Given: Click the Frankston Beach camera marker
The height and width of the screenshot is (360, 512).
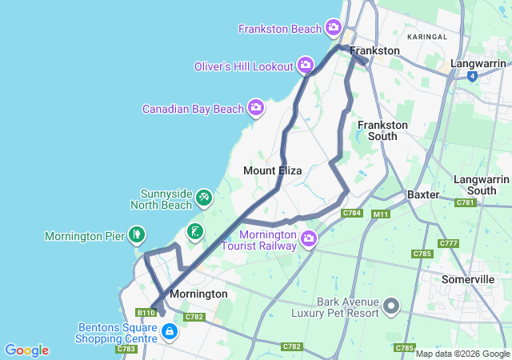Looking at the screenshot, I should (x=334, y=29).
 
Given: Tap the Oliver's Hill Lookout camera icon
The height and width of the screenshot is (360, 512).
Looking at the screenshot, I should (x=306, y=65).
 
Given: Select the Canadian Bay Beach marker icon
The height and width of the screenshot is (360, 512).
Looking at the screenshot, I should (x=256, y=106).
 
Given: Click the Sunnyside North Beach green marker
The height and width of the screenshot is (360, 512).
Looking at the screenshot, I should (x=204, y=197).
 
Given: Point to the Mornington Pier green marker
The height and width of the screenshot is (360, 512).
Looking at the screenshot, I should (x=138, y=234).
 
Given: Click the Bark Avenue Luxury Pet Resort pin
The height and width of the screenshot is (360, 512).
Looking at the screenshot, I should (x=391, y=305).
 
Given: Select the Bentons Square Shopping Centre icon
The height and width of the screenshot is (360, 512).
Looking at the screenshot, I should (x=170, y=332).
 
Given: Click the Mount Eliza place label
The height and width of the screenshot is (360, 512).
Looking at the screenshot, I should (x=272, y=170).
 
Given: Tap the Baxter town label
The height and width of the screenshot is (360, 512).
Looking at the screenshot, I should (x=423, y=194).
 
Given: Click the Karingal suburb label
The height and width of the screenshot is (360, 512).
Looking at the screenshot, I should (x=427, y=37).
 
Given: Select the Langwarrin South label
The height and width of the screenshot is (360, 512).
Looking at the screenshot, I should (x=481, y=185).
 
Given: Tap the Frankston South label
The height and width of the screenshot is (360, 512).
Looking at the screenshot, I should (x=382, y=130).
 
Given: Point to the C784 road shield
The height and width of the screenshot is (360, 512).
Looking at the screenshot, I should (x=352, y=213).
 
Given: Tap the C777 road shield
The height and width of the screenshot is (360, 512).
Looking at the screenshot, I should (x=448, y=243).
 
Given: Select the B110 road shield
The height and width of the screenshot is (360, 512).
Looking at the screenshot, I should (x=144, y=313).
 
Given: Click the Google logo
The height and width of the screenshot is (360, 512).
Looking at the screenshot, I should (x=26, y=350).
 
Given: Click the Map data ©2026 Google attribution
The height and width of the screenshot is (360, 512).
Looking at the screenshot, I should (x=462, y=354).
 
